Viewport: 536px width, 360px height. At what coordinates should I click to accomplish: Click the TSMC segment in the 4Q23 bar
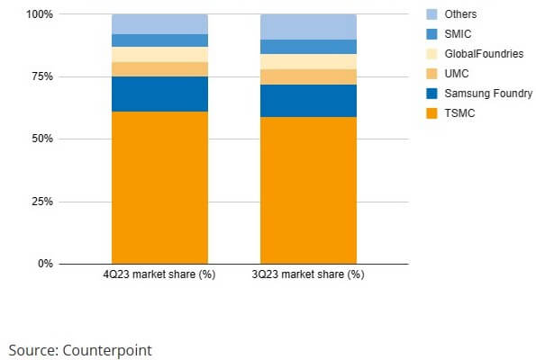[x=159, y=187]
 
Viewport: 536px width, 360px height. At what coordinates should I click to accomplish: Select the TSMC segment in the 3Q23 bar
[x=308, y=190]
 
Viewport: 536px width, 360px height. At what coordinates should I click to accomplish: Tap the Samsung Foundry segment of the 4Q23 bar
[x=159, y=94]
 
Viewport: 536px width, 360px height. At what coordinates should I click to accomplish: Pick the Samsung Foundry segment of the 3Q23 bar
[x=308, y=101]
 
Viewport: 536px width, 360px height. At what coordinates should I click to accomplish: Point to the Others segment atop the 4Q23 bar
[x=159, y=24]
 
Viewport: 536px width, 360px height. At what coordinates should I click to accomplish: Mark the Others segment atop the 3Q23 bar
[x=308, y=27]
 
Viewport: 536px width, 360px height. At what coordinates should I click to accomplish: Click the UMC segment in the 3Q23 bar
[x=308, y=76]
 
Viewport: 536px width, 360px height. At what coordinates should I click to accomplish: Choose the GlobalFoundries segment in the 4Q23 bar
[x=159, y=54]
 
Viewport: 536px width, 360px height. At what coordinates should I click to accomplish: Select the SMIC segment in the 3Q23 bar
[x=308, y=47]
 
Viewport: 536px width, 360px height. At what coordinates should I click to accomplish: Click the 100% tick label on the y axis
[x=39, y=15]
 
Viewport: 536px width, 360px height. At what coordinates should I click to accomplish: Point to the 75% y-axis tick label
[x=41, y=77]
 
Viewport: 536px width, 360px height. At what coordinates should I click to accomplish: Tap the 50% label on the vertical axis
[x=41, y=139]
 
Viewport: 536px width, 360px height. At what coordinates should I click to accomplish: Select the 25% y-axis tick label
[x=41, y=202]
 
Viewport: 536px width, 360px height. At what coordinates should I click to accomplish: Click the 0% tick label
[x=44, y=264]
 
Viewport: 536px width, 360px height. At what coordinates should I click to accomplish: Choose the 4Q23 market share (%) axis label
[x=159, y=274]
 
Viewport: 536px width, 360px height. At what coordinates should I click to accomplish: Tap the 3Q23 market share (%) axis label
[x=308, y=274]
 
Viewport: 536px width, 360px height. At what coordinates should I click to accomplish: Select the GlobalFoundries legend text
[x=490, y=54]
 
